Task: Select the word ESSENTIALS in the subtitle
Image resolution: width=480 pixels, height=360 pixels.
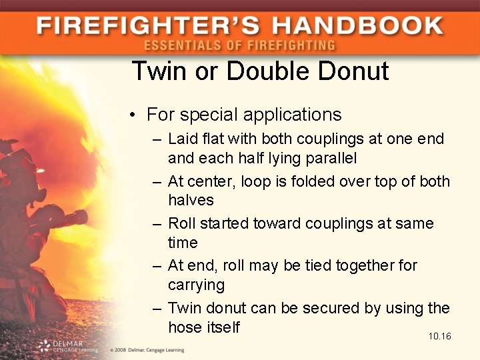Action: (179, 45)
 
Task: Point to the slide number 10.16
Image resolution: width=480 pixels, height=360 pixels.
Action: (440, 336)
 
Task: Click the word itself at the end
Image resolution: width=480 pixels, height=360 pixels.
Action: (223, 327)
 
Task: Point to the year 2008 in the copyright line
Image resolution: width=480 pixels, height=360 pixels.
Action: (121, 349)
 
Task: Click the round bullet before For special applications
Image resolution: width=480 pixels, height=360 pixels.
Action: (133, 115)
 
